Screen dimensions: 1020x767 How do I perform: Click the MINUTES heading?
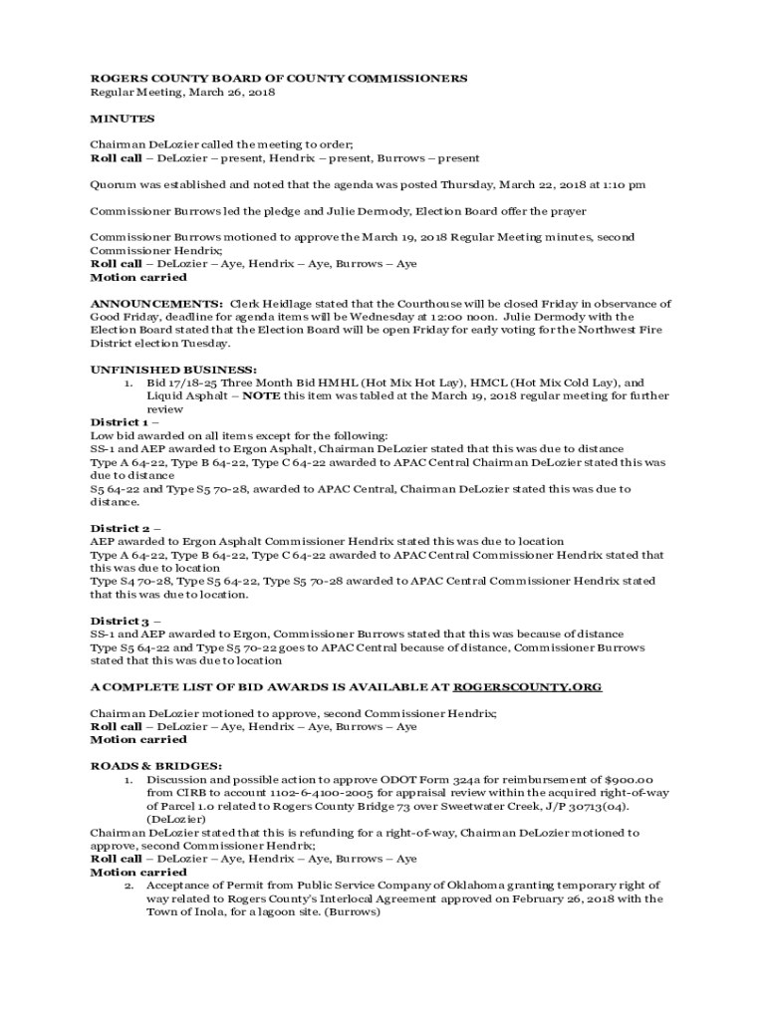pos(123,119)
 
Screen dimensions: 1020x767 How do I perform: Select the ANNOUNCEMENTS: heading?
pos(156,303)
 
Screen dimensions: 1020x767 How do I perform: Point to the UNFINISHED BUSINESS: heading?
pos(173,370)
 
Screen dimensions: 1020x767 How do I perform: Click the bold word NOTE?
pos(261,395)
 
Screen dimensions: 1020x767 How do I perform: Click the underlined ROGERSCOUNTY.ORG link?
pos(527,687)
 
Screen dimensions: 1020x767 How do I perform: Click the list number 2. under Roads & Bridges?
pos(128,885)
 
